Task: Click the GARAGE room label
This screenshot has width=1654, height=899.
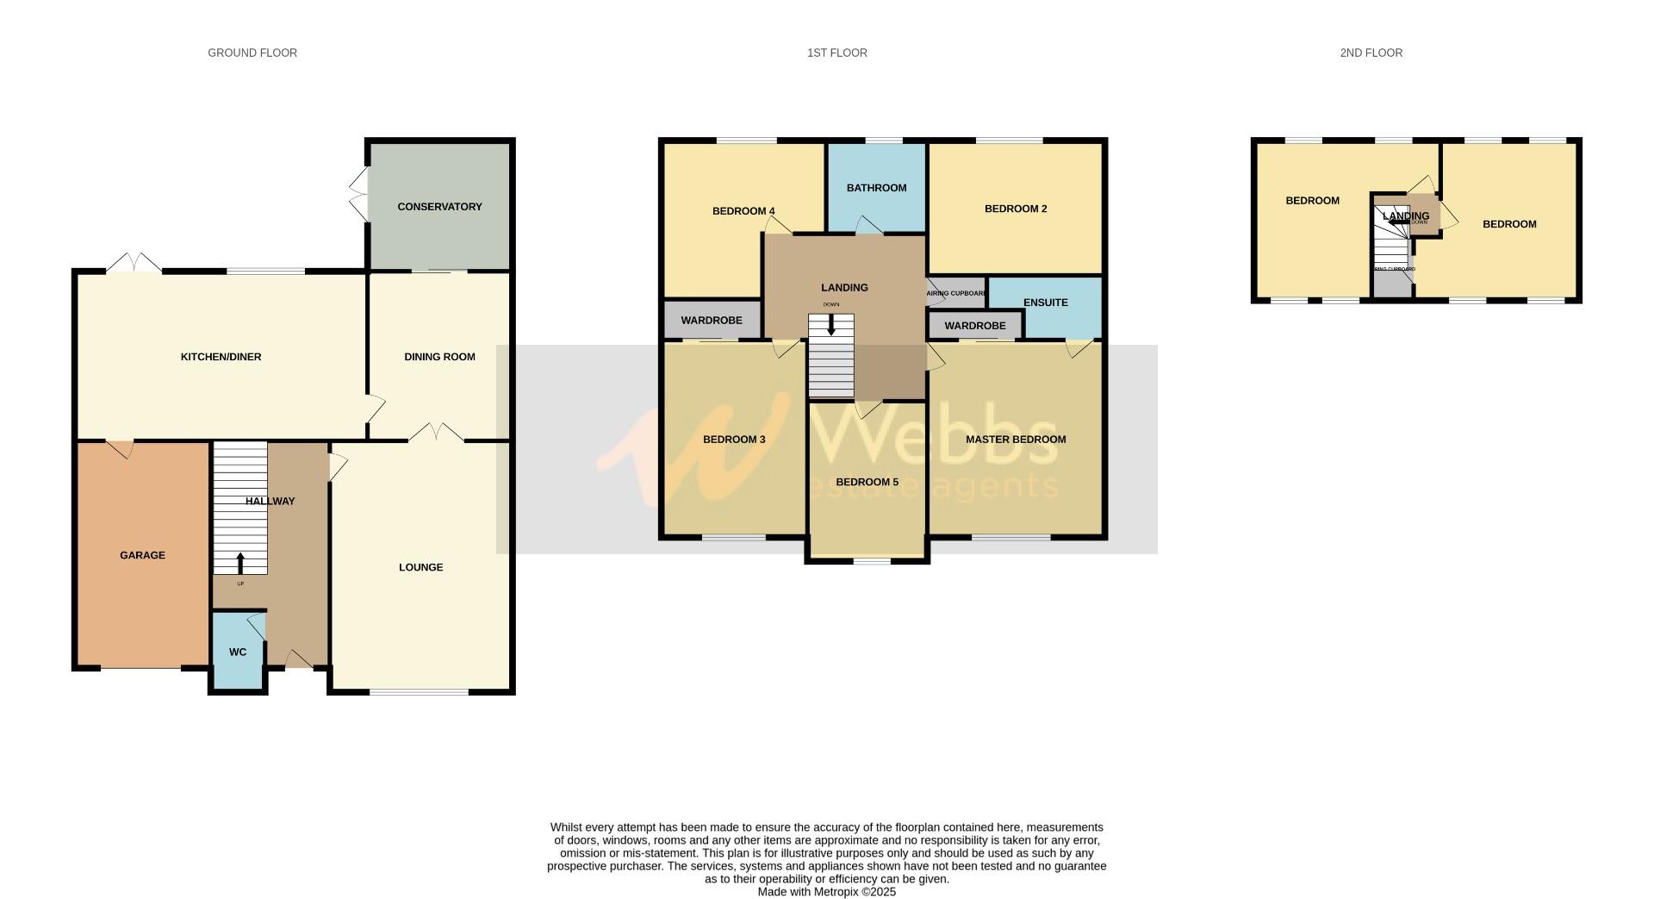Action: [x=142, y=555]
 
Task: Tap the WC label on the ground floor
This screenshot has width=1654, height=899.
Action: [x=238, y=652]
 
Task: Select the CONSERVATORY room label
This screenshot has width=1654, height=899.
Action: [x=439, y=207]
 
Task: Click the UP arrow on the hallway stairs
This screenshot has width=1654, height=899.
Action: [x=239, y=563]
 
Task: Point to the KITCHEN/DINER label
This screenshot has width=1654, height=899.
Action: [x=221, y=357]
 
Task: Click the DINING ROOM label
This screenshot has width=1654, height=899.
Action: [x=439, y=357]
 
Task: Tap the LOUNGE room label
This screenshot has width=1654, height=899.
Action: [x=420, y=567]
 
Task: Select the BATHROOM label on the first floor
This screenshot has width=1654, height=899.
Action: [x=876, y=188]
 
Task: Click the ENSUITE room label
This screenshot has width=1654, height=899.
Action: [x=1045, y=303]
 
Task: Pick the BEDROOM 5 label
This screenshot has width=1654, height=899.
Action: [x=867, y=482]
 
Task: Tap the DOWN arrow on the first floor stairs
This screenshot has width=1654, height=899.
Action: [x=831, y=325]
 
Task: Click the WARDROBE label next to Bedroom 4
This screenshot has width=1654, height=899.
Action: [x=711, y=321]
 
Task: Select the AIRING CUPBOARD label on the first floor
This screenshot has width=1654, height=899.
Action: [x=955, y=293]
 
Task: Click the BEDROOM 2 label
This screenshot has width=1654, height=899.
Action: [x=1016, y=209]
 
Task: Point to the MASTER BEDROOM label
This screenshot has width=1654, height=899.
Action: [x=1016, y=440]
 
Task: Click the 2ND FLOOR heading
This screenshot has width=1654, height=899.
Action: [x=1371, y=53]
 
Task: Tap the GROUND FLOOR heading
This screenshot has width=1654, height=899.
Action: [x=252, y=53]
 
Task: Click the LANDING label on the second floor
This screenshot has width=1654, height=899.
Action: [x=1406, y=216]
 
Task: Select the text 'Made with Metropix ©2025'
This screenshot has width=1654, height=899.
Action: [x=826, y=892]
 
